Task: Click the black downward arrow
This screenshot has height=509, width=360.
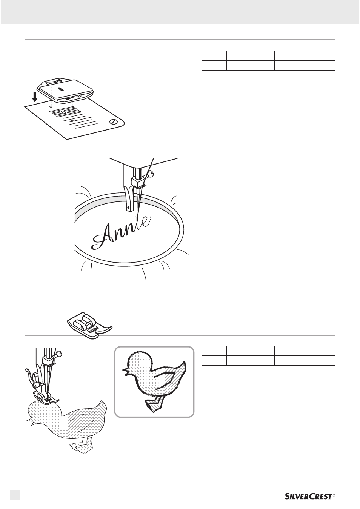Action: (x=35, y=97)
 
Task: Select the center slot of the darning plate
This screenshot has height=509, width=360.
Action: (x=60, y=89)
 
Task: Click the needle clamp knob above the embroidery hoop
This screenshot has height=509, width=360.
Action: (x=151, y=175)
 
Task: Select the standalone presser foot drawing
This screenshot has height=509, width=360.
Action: (x=89, y=326)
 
